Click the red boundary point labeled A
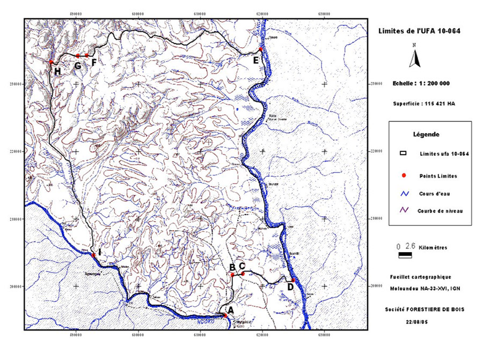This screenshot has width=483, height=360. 226,315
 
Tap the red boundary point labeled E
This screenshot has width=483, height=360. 260,49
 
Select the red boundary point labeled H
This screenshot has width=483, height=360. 51,62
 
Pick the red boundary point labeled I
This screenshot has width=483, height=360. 93,255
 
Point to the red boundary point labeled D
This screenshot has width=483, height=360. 294,280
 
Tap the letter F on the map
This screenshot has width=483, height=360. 94,63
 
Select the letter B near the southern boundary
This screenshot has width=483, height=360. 232,267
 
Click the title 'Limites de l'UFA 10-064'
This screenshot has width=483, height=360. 419,32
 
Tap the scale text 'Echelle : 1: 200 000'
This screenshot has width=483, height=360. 421,84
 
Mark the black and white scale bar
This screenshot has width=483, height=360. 405,255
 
